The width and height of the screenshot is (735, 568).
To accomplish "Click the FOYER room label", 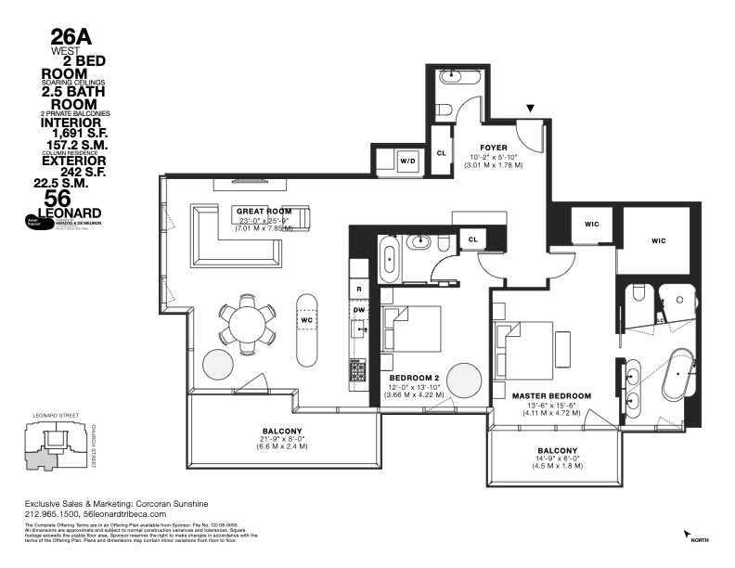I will pyautogui.click(x=493, y=148).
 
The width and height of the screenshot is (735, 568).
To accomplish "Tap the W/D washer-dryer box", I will pyautogui.click(x=407, y=161).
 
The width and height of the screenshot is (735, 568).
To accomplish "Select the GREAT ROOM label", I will pyautogui.click(x=264, y=212).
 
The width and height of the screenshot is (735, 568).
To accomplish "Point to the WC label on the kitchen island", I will pyautogui.click(x=307, y=320).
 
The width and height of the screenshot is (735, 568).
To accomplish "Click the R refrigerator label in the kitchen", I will pyautogui.click(x=358, y=290).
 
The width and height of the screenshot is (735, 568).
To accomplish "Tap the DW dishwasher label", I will pyautogui.click(x=358, y=310).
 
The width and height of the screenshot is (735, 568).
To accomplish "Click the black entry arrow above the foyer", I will pyautogui.click(x=530, y=109).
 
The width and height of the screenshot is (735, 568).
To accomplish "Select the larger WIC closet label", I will pyautogui.click(x=659, y=240).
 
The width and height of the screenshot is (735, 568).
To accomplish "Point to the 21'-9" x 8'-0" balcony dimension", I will pyautogui.click(x=281, y=442).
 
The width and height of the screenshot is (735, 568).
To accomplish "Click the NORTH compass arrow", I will pyautogui.click(x=689, y=536).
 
